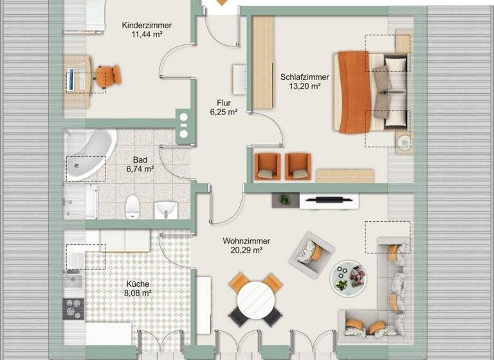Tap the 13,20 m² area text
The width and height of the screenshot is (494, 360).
304,87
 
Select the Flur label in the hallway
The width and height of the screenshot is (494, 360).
224,102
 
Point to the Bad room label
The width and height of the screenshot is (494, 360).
140,159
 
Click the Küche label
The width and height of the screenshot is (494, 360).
138,283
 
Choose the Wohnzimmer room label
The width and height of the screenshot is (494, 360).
246,241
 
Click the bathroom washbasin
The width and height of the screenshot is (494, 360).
167,209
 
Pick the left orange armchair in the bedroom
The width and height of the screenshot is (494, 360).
267,166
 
